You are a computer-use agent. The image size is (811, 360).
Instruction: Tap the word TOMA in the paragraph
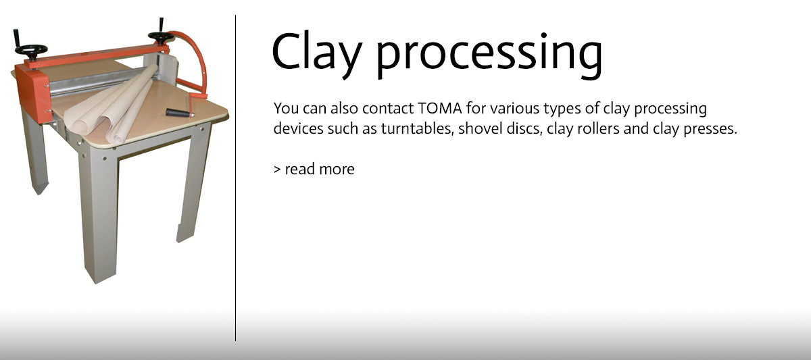pos(439,108)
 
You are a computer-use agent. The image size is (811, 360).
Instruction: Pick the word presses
pos(710,130)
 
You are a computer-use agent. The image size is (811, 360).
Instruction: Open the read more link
pos(314,169)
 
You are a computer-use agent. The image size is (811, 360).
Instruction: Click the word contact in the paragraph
pos(388,108)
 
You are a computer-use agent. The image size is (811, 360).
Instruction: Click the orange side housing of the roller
pos(32,94)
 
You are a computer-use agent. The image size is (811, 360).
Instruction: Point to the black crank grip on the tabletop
pos(180,113)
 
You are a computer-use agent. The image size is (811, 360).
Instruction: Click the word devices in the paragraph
pos(298,128)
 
